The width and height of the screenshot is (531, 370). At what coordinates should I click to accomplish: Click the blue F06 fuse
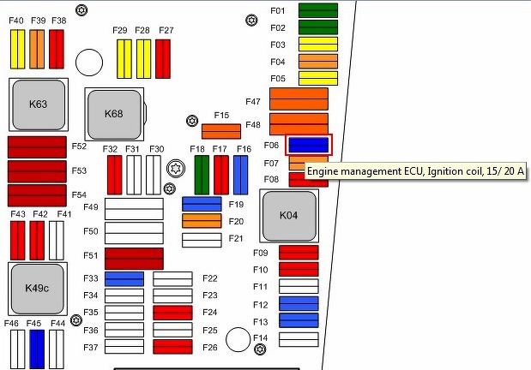point(309,145)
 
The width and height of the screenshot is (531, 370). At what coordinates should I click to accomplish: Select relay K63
point(38,104)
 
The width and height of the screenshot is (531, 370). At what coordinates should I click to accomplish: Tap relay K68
point(114,113)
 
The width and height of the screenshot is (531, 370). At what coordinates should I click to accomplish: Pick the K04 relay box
point(289,214)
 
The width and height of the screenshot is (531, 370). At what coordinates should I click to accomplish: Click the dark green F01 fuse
point(317,11)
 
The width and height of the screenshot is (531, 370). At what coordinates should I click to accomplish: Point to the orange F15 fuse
point(221,131)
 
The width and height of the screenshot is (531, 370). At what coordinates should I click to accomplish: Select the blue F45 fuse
point(36,347)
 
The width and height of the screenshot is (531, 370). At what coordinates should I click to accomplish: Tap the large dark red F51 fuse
point(134,259)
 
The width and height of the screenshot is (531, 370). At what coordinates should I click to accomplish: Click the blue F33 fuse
point(124,278)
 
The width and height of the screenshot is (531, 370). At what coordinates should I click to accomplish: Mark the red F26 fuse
point(172,347)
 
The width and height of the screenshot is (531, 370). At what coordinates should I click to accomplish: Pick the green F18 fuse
point(202,175)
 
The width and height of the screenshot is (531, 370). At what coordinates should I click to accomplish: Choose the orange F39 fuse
point(36,48)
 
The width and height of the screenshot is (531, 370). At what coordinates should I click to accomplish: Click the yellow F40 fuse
point(16,48)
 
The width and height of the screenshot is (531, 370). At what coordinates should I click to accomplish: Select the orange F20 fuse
point(202,222)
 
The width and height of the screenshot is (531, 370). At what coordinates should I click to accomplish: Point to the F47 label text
point(252,101)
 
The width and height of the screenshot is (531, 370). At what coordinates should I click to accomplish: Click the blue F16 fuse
point(241,175)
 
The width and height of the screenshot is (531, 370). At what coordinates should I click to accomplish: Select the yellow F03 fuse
point(317,44)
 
